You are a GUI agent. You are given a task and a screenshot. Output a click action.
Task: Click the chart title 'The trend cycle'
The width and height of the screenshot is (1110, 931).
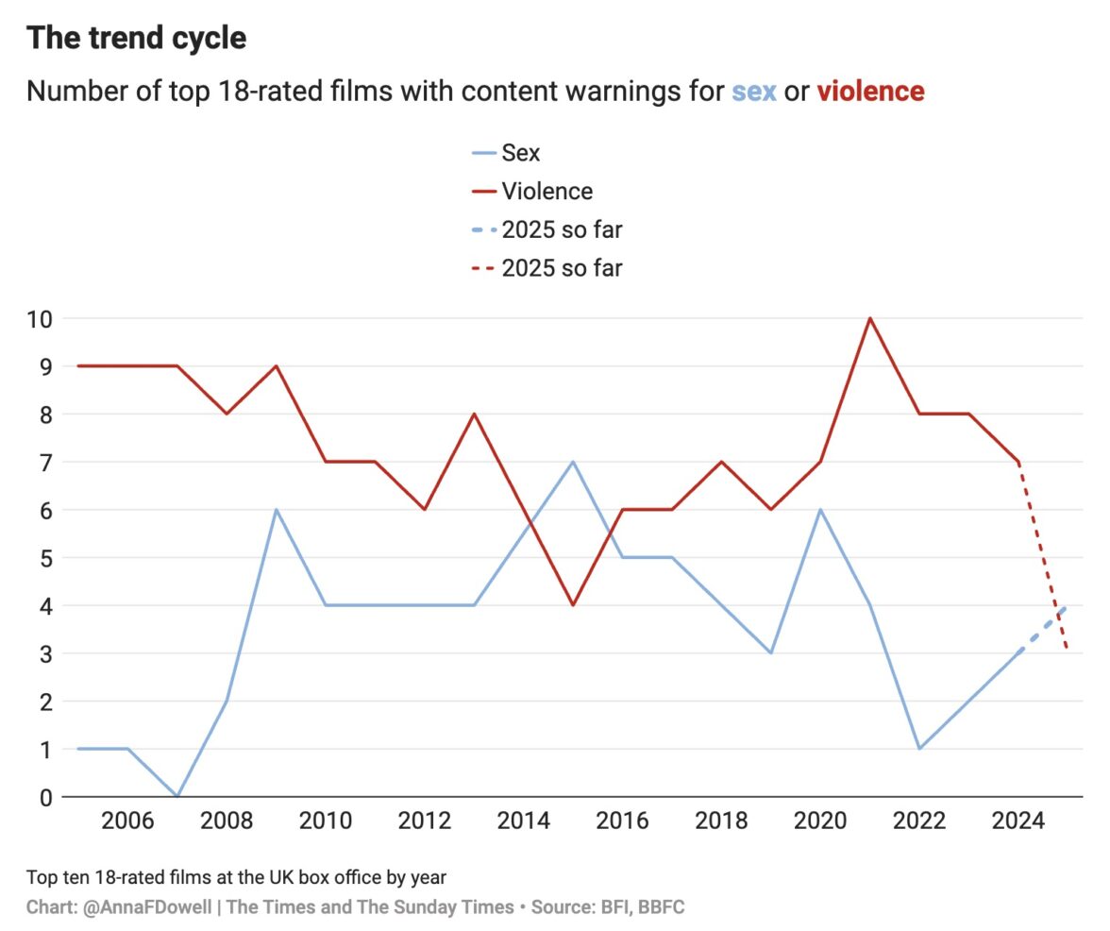click(x=136, y=38)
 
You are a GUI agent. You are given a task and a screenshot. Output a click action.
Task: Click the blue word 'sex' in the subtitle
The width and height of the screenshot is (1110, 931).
click(x=753, y=92)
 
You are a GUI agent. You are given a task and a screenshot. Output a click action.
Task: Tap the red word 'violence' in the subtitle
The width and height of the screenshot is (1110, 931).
click(x=870, y=92)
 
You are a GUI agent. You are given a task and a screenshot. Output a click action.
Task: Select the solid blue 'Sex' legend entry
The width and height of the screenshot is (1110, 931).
click(x=520, y=152)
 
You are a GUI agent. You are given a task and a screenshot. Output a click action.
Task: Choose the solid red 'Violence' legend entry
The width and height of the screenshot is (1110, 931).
click(x=547, y=191)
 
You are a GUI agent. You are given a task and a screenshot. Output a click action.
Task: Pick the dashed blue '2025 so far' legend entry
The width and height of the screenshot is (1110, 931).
click(x=562, y=229)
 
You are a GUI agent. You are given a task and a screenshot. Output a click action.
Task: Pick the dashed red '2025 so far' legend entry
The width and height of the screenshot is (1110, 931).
click(x=562, y=268)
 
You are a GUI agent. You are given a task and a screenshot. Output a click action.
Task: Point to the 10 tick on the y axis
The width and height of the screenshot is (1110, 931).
click(x=38, y=318)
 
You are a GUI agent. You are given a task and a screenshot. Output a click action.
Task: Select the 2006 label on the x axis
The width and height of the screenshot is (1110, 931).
click(x=127, y=821)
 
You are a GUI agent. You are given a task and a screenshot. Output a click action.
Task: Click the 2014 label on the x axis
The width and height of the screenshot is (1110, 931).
click(x=524, y=821)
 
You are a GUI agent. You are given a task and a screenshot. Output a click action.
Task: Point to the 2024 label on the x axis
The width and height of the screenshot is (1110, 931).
click(x=1018, y=821)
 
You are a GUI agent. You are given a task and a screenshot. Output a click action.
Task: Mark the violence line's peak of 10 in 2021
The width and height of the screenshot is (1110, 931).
click(x=869, y=318)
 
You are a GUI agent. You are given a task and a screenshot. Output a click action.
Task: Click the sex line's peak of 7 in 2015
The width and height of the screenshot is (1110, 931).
click(x=573, y=462)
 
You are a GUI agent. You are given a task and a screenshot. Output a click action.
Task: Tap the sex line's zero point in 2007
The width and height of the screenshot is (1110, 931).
click(x=177, y=796)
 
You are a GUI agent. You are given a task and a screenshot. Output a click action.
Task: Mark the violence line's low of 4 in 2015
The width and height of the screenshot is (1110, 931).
click(x=573, y=605)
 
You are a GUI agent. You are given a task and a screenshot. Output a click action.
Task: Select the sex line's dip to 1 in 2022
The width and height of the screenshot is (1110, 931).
click(x=919, y=749)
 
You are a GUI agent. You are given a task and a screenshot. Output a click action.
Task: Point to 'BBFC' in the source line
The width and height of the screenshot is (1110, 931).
click(x=661, y=907)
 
